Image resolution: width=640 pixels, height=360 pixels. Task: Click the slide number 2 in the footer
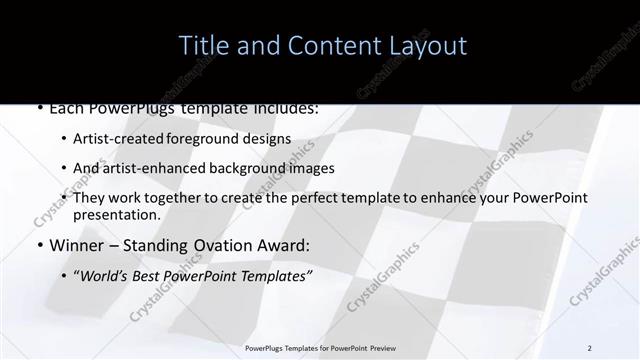[x=590, y=347]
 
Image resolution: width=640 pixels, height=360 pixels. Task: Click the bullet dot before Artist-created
[x=64, y=139]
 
